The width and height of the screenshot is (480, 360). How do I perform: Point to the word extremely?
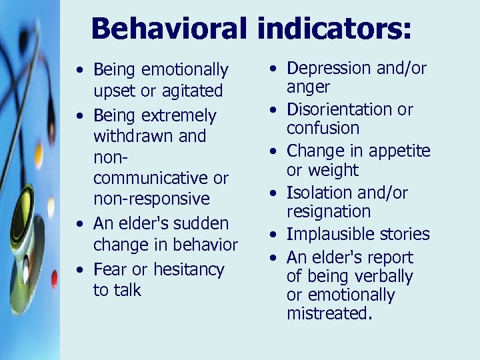[179, 116]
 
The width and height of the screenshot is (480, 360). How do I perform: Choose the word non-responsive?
[151, 199]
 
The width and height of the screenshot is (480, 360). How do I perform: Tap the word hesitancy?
[189, 269]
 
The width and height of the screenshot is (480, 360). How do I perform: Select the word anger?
[308, 87]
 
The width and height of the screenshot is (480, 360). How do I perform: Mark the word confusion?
[323, 128]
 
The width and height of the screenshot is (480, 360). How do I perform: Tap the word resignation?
[328, 212]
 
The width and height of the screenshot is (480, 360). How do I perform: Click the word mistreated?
[329, 313]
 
